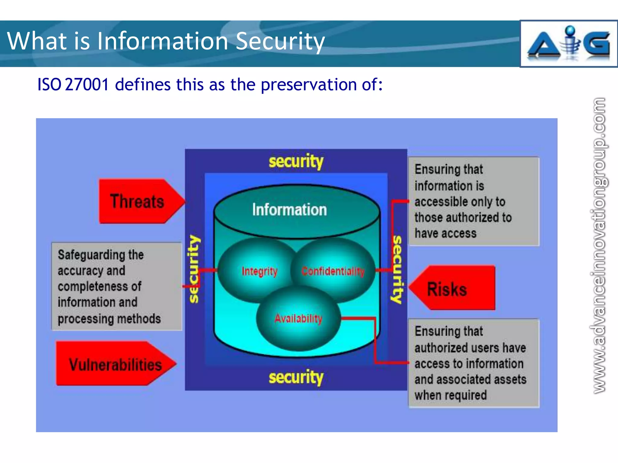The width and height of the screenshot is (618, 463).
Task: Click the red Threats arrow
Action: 137,201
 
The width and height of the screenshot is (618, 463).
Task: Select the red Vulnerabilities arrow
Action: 115,364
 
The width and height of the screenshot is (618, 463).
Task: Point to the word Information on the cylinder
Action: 289,209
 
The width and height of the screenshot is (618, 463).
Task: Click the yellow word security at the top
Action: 296,161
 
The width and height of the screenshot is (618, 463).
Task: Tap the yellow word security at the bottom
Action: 296,377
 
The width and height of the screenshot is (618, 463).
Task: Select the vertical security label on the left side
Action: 194,268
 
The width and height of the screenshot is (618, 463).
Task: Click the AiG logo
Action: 568,44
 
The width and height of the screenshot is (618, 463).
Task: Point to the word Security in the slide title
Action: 280,41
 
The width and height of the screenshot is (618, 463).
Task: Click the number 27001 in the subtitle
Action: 87,84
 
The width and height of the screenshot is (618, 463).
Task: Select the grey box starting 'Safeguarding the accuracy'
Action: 116,286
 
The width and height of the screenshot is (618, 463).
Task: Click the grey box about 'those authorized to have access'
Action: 473,201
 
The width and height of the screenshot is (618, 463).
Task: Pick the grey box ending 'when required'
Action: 473,363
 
